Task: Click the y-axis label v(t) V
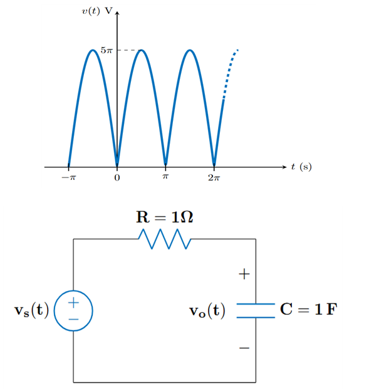95,11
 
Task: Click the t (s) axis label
301,167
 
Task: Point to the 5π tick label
107,50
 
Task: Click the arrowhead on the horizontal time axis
284,167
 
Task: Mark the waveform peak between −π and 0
93,50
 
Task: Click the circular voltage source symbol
73,310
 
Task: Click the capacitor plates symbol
255,310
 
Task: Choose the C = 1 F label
308,310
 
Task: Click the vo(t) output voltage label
208,310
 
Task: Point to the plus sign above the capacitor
244,274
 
